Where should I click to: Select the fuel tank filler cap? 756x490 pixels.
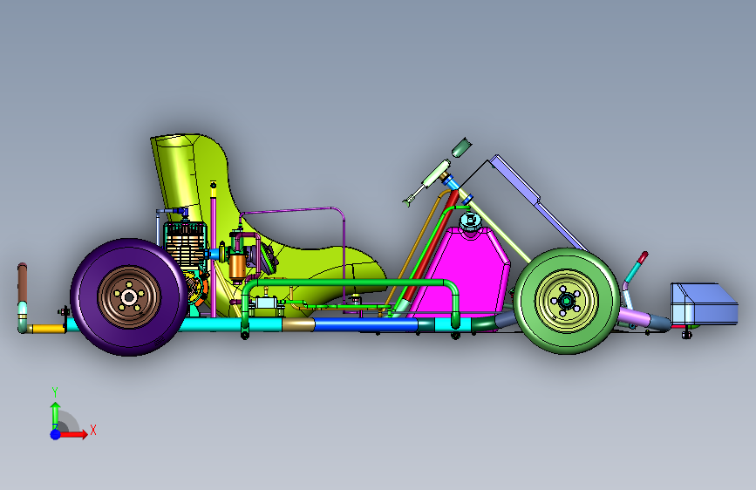point(470,221)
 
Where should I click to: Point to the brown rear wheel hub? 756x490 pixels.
point(129,297)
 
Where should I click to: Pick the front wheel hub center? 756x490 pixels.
point(567,302)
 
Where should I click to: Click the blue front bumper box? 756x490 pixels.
point(704,303)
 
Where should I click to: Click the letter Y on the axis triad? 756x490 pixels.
point(55,392)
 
